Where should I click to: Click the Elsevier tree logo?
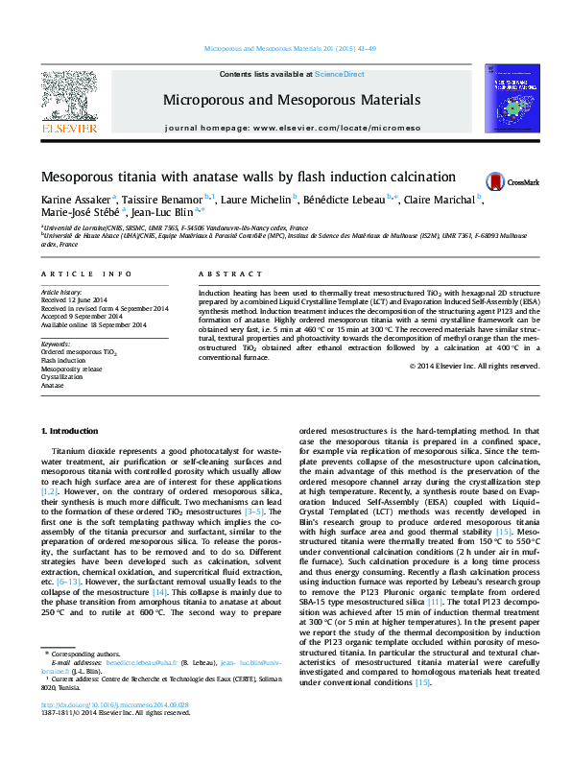66,98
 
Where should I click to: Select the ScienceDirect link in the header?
340,74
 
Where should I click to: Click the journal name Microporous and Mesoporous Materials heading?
292,100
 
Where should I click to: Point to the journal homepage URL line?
292,128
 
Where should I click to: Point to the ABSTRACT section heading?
222,247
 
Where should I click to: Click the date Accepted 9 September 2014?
95,316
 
